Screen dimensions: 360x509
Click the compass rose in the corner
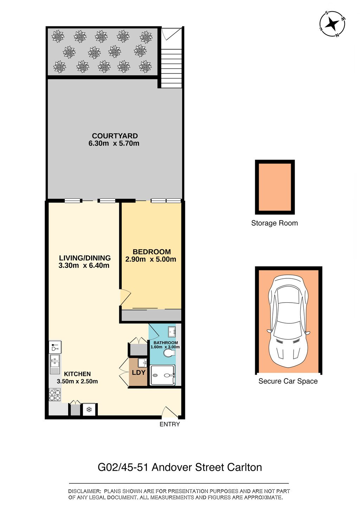click(x=333, y=24)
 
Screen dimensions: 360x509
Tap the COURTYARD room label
click(x=115, y=136)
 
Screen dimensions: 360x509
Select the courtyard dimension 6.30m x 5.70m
click(x=114, y=144)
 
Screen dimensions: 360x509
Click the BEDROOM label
click(x=152, y=252)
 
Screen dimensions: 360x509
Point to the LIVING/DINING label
click(x=85, y=258)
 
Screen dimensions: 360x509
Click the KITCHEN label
click(x=77, y=374)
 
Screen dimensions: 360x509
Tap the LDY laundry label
click(x=139, y=372)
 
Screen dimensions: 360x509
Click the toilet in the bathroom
click(x=169, y=353)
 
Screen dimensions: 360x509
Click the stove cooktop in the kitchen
click(x=55, y=395)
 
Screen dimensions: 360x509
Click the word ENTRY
click(x=169, y=424)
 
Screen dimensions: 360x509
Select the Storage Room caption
click(x=275, y=223)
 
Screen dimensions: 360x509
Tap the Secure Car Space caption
click(x=288, y=381)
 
